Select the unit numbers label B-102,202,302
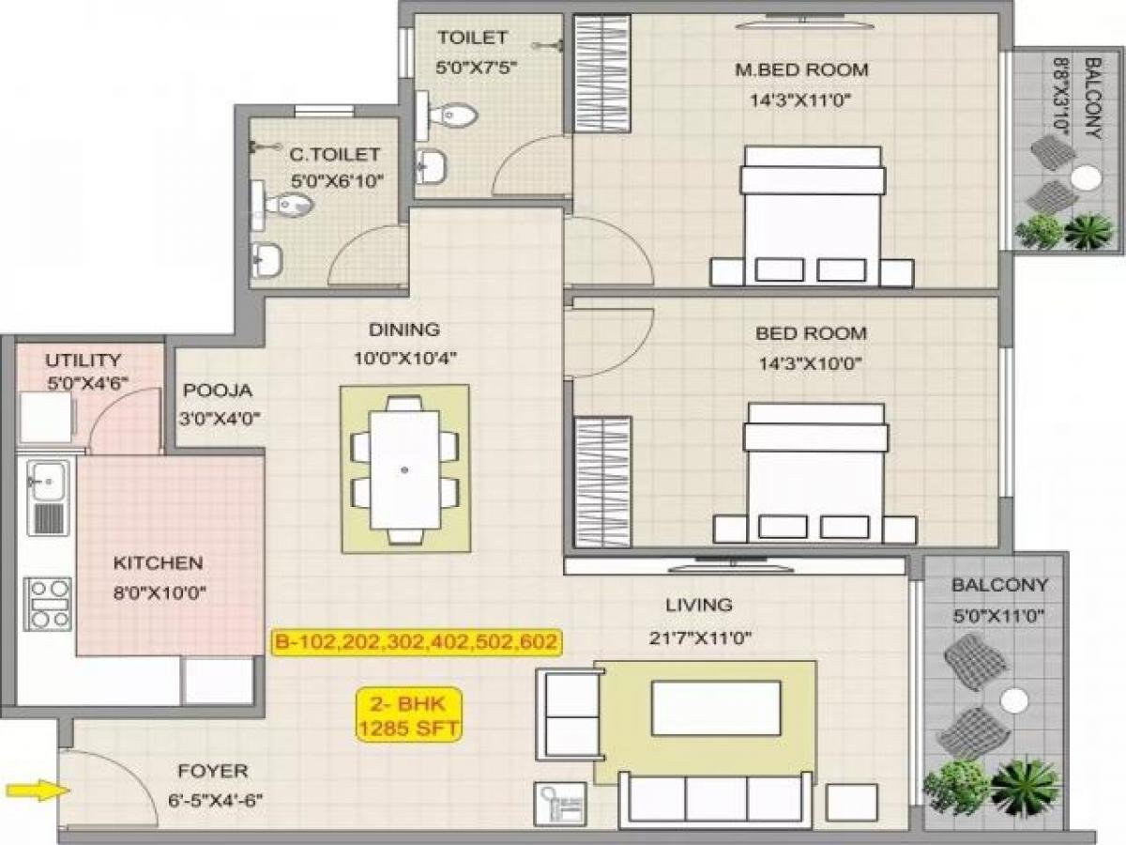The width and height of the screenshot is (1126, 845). click(417, 642)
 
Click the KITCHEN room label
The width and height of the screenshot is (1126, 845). click(158, 563)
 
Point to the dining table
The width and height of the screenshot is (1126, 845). click(404, 469)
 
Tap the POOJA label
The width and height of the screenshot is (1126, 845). click(218, 391)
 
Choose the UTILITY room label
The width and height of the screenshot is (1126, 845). click(84, 360)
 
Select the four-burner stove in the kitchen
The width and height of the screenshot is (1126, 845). click(49, 604)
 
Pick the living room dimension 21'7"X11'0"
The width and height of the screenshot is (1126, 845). click(698, 639)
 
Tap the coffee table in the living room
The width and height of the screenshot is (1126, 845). click(716, 708)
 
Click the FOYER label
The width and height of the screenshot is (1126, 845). click(213, 771)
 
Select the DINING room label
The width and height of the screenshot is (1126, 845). click(403, 330)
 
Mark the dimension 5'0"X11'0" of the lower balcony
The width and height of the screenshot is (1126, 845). click(999, 617)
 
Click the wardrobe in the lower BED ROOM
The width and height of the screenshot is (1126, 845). click(602, 481)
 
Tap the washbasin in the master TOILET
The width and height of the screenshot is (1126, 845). click(433, 165)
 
